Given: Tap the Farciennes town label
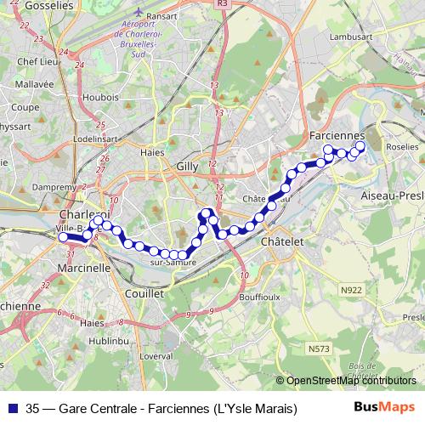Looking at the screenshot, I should (337, 136).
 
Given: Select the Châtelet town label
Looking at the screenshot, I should (282, 242).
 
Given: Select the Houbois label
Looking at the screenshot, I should (102, 97).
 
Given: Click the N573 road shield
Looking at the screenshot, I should (320, 348).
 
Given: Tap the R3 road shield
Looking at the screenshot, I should (222, 4).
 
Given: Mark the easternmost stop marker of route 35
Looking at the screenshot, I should (360, 146).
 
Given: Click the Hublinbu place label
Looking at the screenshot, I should (108, 340).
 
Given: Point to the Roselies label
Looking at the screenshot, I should (402, 147).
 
